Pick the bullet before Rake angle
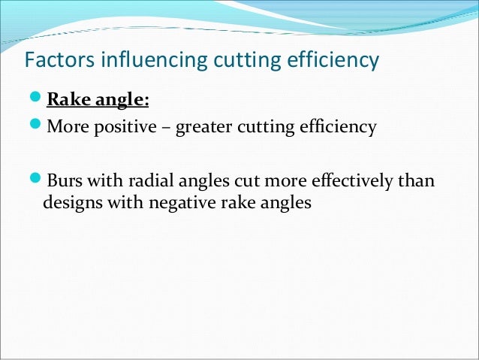[36, 100]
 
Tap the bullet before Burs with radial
[36, 183]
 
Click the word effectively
[355, 183]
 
